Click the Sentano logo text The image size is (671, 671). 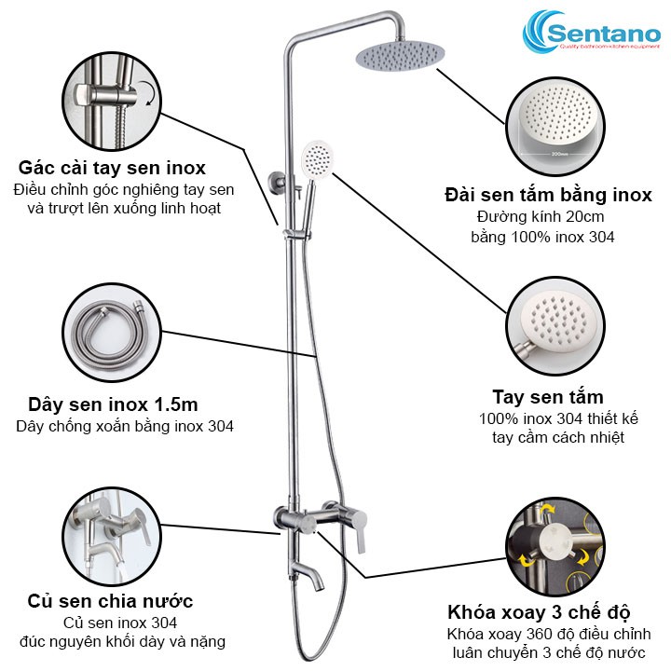tap(604, 34)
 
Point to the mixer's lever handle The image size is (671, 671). tap(361, 530)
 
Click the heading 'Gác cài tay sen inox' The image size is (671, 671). tap(112, 168)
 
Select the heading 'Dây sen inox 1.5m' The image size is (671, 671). tap(113, 404)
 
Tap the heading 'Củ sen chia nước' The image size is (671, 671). tap(110, 601)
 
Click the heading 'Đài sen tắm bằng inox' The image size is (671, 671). tap(548, 195)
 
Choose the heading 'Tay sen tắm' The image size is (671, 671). tap(548, 397)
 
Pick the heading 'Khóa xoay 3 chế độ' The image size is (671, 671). tap(539, 612)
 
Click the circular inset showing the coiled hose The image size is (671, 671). tap(112, 333)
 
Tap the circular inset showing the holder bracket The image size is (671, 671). tap(112, 102)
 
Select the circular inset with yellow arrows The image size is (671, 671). tap(555, 546)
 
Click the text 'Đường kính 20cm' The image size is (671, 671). tap(541, 216)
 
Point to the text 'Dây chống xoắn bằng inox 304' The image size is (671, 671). tap(125, 426)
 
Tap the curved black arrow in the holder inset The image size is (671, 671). tap(149, 93)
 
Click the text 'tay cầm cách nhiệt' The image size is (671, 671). tap(557, 438)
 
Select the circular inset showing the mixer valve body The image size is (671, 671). tap(112, 537)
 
